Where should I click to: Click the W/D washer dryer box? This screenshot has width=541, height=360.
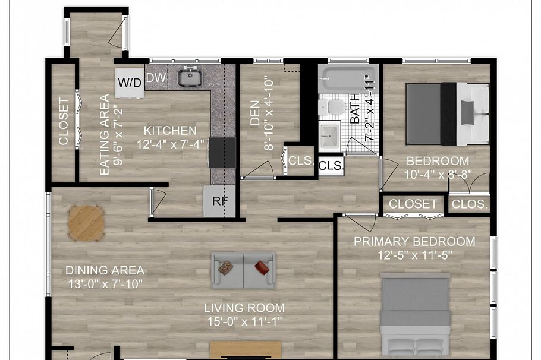[x=130, y=83]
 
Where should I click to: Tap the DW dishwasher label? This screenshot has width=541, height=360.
[x=156, y=78]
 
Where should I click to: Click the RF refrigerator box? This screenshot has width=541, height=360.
[x=220, y=201]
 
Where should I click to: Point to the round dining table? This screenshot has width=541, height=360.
[x=86, y=223]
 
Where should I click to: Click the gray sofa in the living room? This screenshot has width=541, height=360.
[x=243, y=270]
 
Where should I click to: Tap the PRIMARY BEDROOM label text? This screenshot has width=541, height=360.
[x=414, y=242]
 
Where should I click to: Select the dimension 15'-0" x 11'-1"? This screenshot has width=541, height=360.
[x=244, y=323]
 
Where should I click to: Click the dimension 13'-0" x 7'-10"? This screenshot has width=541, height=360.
[x=105, y=284]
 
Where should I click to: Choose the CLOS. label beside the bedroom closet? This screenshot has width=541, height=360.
[x=470, y=204]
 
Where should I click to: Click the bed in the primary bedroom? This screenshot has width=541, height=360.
[x=414, y=315]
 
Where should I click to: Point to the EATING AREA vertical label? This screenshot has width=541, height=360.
[x=105, y=134]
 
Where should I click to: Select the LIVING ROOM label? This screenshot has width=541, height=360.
[x=244, y=308]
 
